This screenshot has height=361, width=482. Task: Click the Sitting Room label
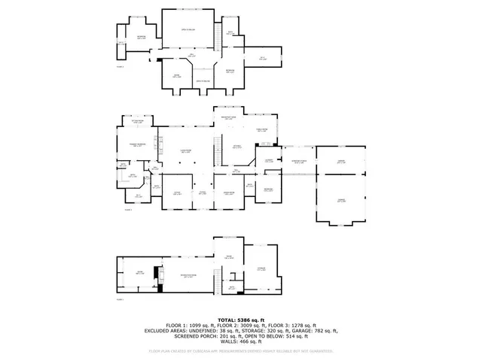point(137,122)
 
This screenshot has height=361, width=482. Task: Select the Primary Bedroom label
point(138,145)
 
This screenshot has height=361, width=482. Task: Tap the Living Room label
point(184,151)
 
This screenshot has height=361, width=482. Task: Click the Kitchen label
point(237,147)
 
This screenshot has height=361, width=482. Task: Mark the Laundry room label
point(267,160)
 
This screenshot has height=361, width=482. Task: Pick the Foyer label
point(202,193)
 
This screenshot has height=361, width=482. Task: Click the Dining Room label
point(228,193)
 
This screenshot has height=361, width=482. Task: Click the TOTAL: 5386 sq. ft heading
point(240,320)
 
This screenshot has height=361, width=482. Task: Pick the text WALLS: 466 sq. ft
point(240,341)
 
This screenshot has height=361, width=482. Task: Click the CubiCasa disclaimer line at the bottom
point(240,350)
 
